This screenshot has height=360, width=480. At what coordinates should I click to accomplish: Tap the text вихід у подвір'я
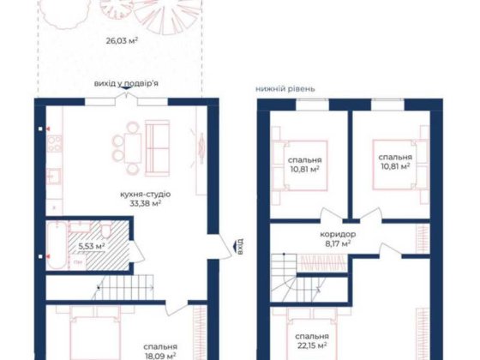pyautogui.click(x=127, y=84)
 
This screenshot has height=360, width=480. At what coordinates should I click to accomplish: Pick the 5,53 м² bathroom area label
pyautogui.click(x=91, y=247)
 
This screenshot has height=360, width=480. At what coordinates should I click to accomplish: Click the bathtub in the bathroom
pyautogui.click(x=56, y=246)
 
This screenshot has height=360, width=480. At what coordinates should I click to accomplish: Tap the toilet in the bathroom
pyautogui.click(x=101, y=232)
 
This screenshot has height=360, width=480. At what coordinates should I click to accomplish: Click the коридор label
pyautogui.click(x=340, y=234)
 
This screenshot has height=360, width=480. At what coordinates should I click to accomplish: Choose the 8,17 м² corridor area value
pyautogui.click(x=340, y=244)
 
